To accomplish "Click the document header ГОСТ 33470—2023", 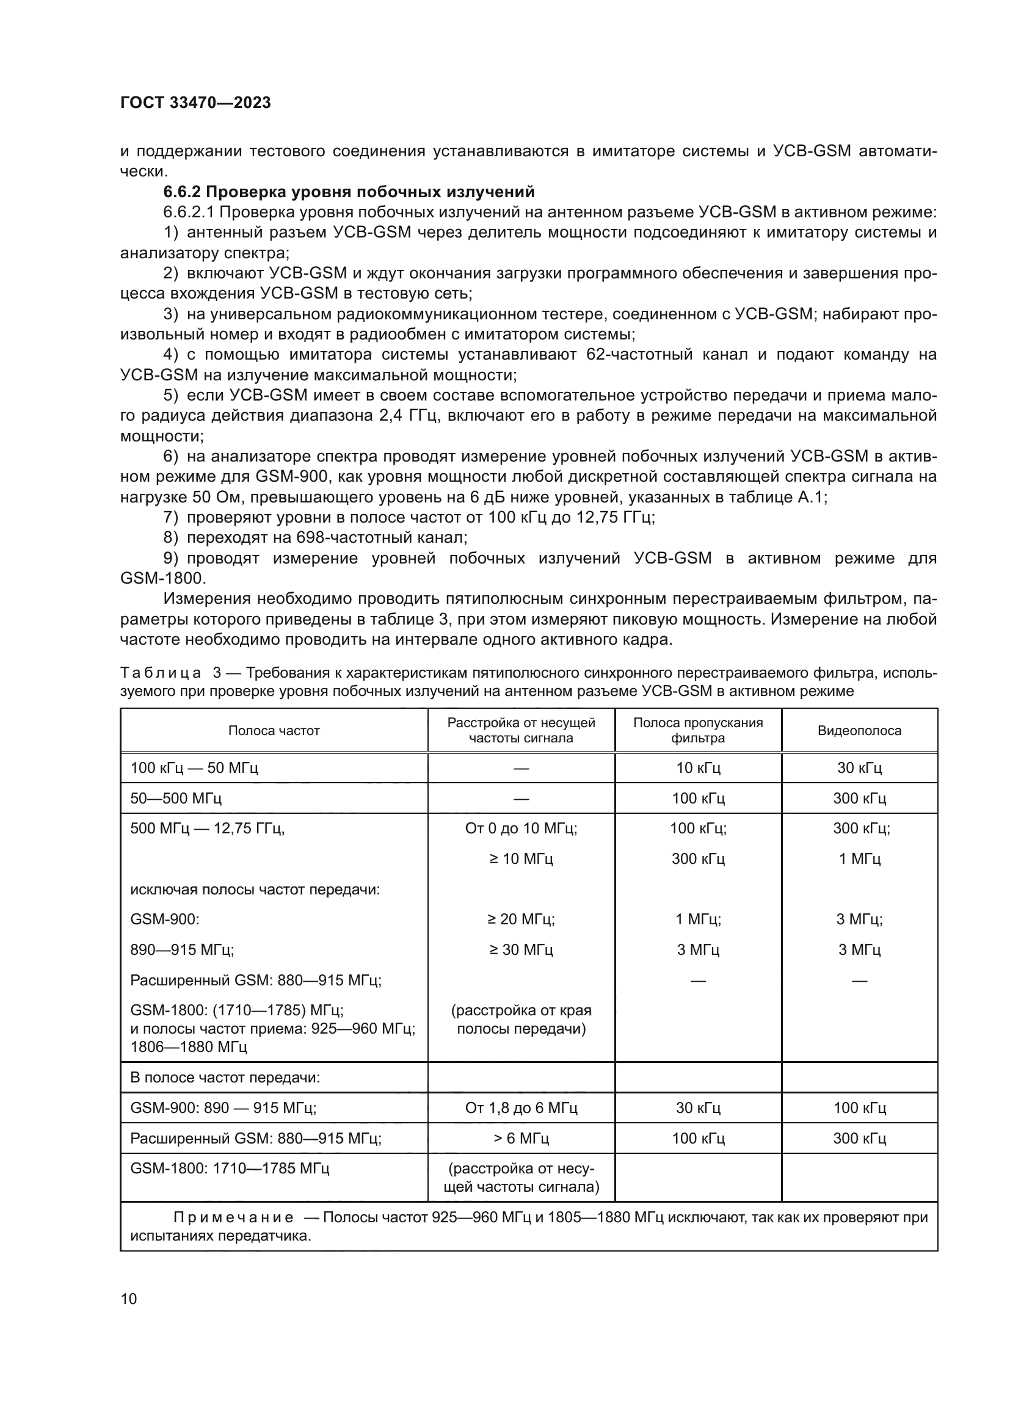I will click(195, 103).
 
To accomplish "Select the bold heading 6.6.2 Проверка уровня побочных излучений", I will click(348, 191).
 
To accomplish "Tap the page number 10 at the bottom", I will click(129, 1299).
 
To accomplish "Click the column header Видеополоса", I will click(859, 731).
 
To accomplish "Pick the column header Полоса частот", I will click(274, 731).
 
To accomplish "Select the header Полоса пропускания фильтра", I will click(698, 730).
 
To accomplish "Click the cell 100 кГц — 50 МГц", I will click(194, 768).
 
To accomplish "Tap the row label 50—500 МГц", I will click(176, 799).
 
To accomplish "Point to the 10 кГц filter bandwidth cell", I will click(698, 768).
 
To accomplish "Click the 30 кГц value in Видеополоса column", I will click(859, 768).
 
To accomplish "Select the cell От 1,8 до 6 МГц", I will click(520, 1107).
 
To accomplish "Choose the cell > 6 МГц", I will click(520, 1138).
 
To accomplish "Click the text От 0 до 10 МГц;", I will click(520, 828).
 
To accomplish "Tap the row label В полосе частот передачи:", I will click(225, 1077).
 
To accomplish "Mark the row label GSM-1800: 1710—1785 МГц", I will click(230, 1169).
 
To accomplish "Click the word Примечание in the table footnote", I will click(233, 1217).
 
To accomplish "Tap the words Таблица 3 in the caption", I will click(170, 673).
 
